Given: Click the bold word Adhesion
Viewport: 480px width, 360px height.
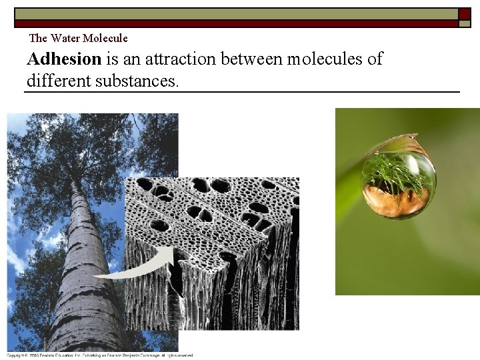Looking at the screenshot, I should click(x=64, y=59).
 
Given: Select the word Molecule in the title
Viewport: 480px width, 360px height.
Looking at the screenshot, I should click(x=105, y=38).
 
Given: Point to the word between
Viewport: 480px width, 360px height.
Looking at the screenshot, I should click(x=251, y=59).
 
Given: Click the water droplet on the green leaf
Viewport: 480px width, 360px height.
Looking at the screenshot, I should click(x=398, y=177).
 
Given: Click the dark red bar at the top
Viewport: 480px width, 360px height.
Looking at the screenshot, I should click(x=233, y=23).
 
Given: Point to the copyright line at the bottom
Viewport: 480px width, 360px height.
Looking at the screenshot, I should click(x=100, y=355).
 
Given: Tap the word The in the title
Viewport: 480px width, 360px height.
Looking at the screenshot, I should click(x=39, y=38).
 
